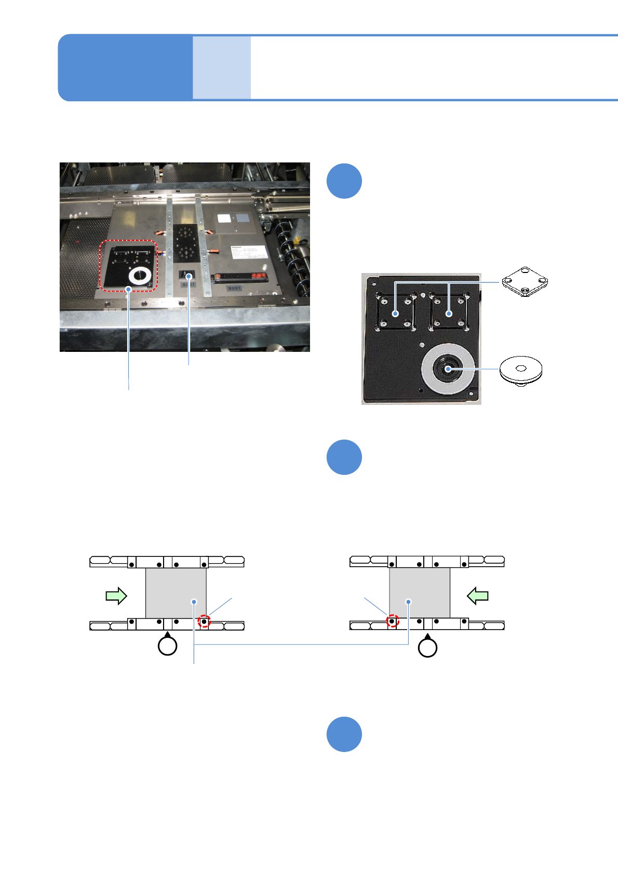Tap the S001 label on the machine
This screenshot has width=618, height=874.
pyautogui.click(x=188, y=285)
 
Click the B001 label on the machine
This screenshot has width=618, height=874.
pyautogui.click(x=234, y=288)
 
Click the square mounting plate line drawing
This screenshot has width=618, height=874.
pyautogui.click(x=525, y=282)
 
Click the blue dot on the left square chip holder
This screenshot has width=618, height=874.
pyautogui.click(x=396, y=313)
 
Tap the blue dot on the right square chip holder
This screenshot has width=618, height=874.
pyautogui.click(x=449, y=313)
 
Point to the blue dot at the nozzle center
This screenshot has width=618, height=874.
pyautogui.click(x=448, y=369)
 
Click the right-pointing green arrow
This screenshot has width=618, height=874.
pyautogui.click(x=116, y=595)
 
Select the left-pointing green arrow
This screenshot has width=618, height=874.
pyautogui.click(x=478, y=595)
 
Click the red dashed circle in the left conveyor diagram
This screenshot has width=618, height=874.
pyautogui.click(x=205, y=621)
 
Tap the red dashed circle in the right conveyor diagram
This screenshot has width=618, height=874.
pyautogui.click(x=393, y=621)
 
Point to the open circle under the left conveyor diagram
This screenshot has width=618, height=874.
pyautogui.click(x=167, y=646)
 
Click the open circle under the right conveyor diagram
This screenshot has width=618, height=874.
pyautogui.click(x=427, y=648)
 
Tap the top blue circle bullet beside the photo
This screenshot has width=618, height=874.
pyautogui.click(x=344, y=181)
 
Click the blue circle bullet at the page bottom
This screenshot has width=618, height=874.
pyautogui.click(x=344, y=734)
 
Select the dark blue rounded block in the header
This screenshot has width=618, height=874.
pyautogui.click(x=125, y=67)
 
